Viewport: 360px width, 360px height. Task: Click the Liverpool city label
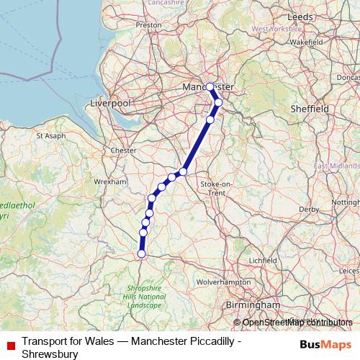[x=110, y=104]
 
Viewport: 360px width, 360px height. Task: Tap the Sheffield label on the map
[x=309, y=108]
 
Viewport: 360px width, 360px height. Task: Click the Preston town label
[x=148, y=24]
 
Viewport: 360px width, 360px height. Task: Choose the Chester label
[x=124, y=150]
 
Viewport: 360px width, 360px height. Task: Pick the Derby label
[x=308, y=210]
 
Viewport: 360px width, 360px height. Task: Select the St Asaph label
[x=50, y=135]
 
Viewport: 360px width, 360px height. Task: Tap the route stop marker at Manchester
[x=210, y=87]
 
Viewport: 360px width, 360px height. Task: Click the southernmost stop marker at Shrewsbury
[x=141, y=253]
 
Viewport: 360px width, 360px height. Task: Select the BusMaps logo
[x=321, y=344]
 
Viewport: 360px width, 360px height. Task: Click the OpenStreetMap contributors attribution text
[x=297, y=323]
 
